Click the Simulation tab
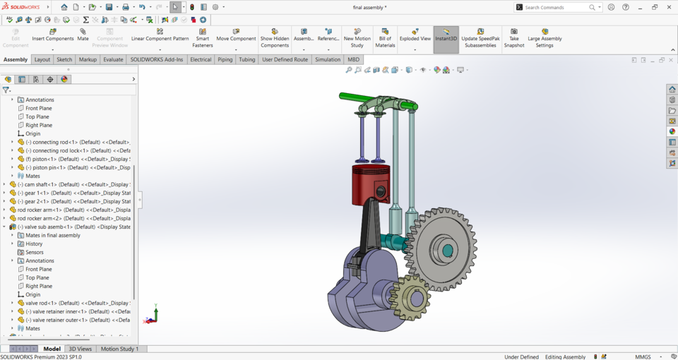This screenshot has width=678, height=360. [x=328, y=60]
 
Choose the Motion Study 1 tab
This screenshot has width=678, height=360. [x=119, y=349]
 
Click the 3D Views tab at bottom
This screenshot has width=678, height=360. [x=80, y=349]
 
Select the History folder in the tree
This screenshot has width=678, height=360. [x=34, y=244]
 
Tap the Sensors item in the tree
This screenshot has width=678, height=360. [x=34, y=252]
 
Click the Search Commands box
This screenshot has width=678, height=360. [x=556, y=7]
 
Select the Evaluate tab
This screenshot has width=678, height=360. [x=113, y=60]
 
